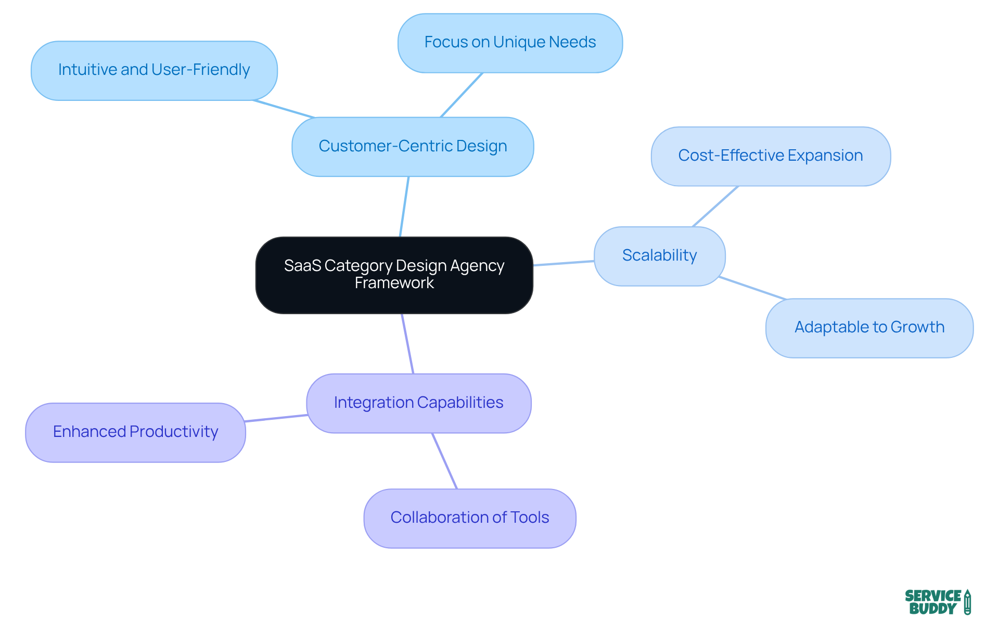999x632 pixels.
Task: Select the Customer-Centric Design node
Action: point(413,147)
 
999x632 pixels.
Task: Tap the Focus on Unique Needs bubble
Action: point(510,43)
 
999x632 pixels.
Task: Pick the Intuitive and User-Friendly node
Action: point(154,70)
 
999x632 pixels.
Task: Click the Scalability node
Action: point(659,256)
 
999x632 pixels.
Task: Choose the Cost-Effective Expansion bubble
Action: point(771,156)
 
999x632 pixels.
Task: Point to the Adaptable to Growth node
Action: point(869,328)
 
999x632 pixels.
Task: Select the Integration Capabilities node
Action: point(418,403)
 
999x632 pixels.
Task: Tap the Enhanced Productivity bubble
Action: point(135,432)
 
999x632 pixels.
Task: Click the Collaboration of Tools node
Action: point(469,518)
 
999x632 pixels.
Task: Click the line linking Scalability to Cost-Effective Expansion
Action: point(715,207)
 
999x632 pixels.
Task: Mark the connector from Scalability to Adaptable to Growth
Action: point(752,288)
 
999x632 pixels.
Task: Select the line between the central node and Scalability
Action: point(563,263)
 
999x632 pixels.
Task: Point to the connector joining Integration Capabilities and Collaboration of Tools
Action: point(445,461)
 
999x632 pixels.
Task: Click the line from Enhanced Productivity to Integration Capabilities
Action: point(276,418)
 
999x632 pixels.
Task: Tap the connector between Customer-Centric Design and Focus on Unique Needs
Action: point(462,95)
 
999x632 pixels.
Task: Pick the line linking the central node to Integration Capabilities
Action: point(407,343)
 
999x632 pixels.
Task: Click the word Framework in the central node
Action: point(394,283)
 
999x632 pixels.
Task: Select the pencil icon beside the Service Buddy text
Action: point(967,602)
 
